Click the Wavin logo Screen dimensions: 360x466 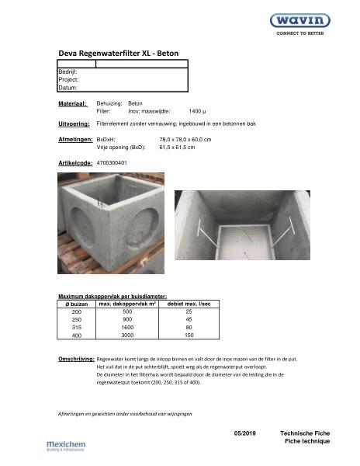tap(299, 20)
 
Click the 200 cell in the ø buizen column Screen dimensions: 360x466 tap(76, 311)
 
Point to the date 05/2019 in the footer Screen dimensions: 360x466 tap(244, 432)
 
